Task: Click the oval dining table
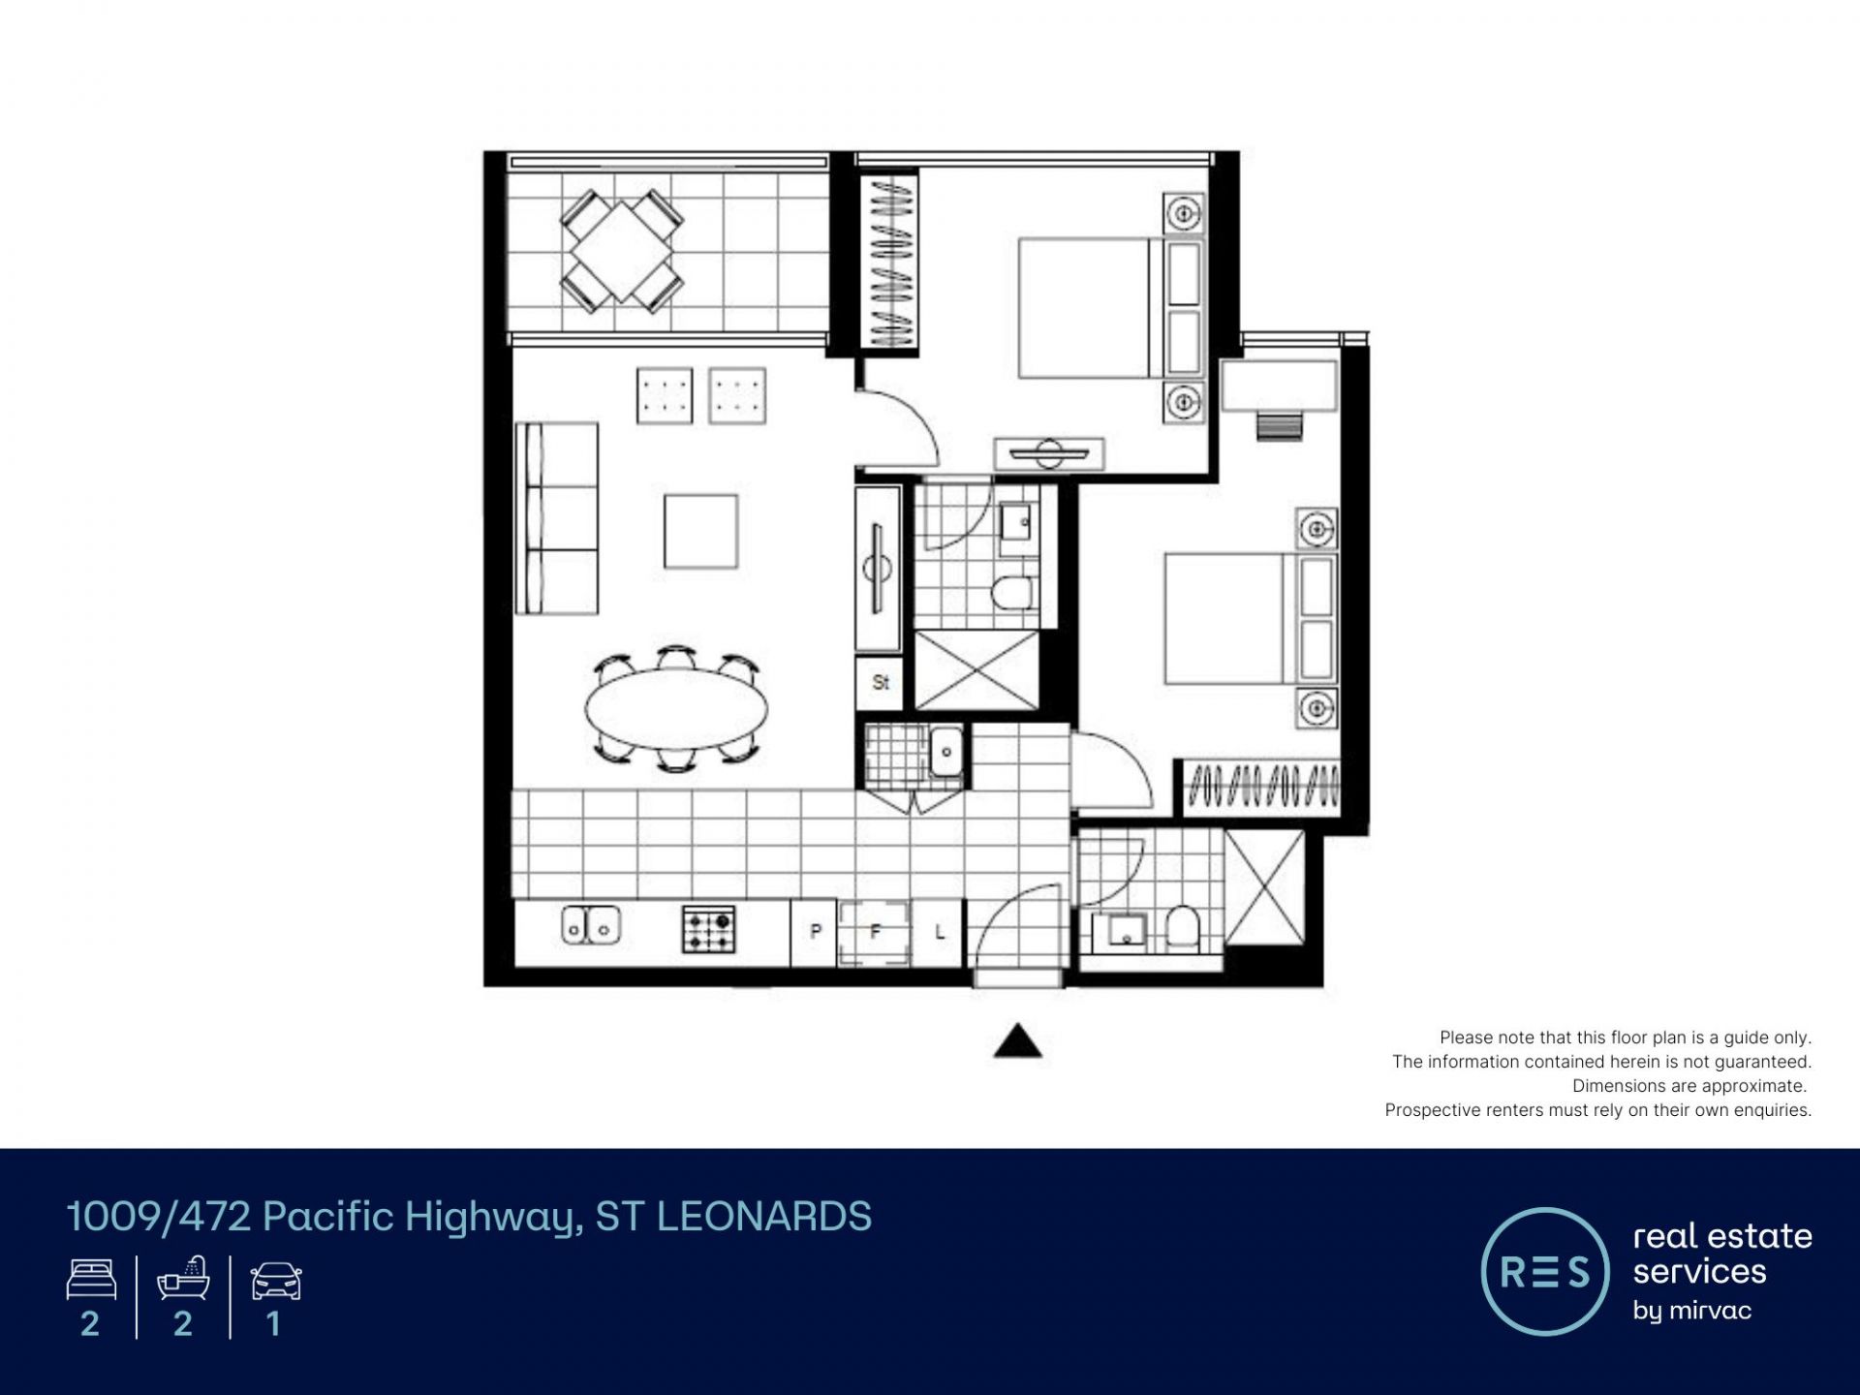[x=676, y=708]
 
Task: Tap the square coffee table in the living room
[x=700, y=531]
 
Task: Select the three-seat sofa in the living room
[x=556, y=517]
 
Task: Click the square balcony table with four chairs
[x=621, y=252]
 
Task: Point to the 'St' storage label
[x=881, y=682]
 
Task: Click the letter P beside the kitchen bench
[x=816, y=931]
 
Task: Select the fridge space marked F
[x=875, y=932]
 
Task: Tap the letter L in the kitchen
[x=939, y=932]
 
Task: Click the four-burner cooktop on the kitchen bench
[x=708, y=929]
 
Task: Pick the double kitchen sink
[x=590, y=925]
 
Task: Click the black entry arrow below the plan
[x=1017, y=1040]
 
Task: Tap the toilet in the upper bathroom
[x=1012, y=593]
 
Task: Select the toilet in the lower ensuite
[x=1182, y=927]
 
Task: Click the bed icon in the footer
[x=91, y=1280]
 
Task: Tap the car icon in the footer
[x=276, y=1281]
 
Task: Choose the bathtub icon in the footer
[x=183, y=1278]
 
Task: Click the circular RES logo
[x=1545, y=1271]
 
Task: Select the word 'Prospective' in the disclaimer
[x=1432, y=1110]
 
